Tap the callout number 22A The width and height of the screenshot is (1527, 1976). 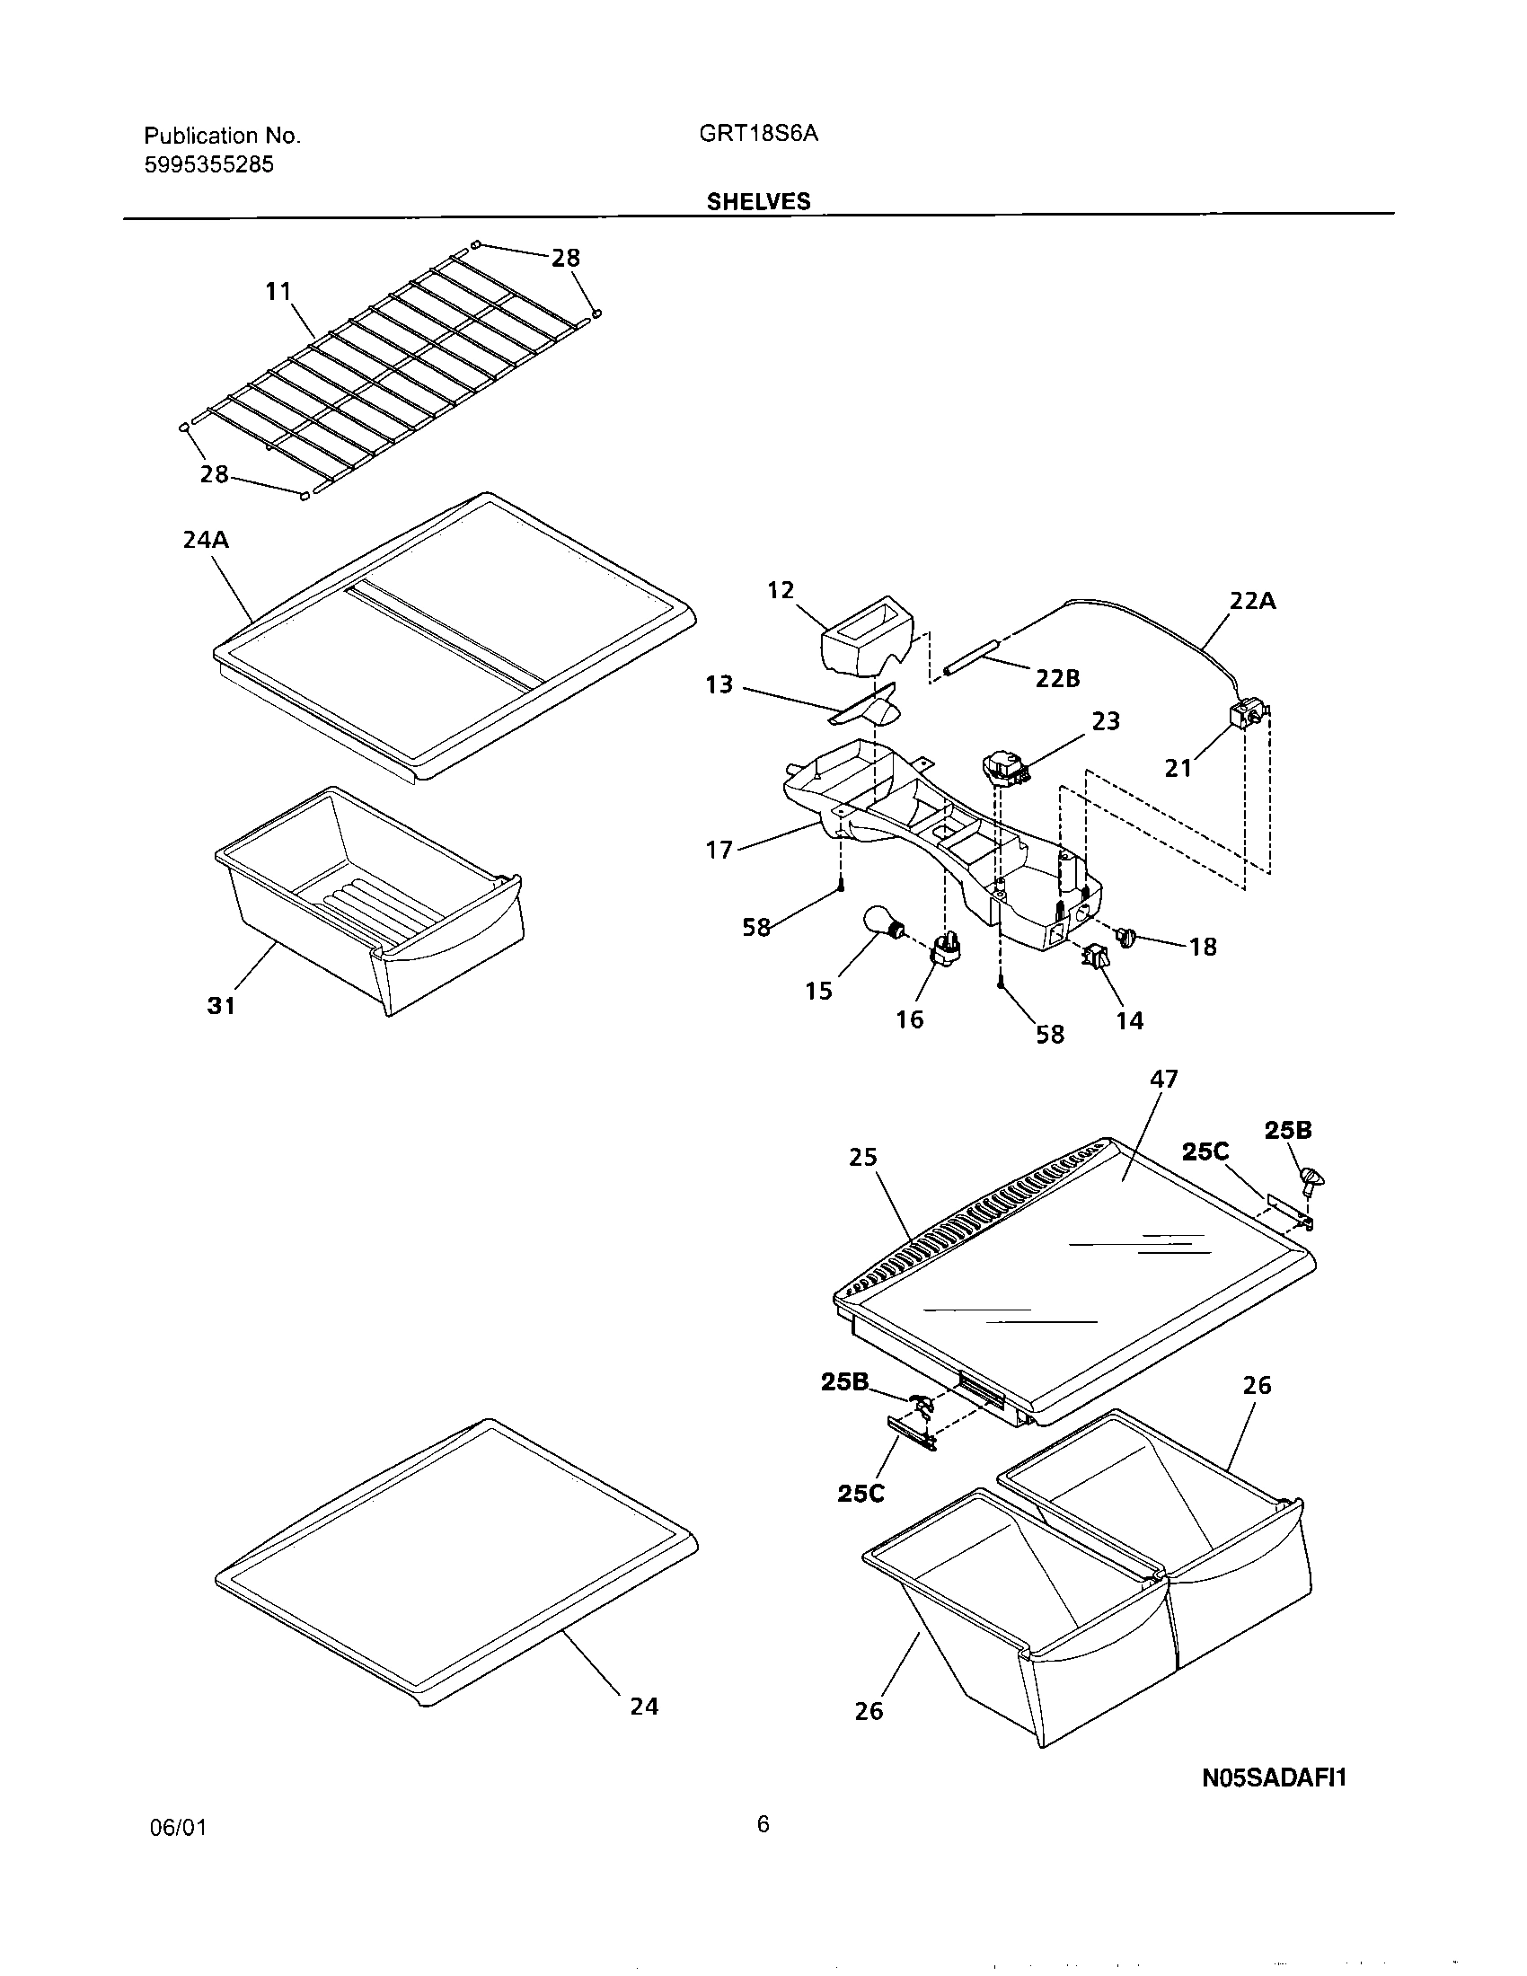1252,601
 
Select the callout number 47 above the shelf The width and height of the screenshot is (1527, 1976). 1163,1080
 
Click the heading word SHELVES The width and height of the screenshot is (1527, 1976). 758,202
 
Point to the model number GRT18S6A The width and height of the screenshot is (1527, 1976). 758,134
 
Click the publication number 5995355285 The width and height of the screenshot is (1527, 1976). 209,164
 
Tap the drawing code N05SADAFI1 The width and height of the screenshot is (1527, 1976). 1274,1778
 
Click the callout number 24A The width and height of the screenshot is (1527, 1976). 206,540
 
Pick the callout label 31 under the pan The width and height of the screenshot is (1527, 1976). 222,1005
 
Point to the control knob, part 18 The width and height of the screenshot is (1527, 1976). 1126,938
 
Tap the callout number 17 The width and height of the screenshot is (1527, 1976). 719,850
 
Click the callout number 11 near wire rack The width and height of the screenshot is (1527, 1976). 278,291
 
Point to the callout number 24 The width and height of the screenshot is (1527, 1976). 644,1706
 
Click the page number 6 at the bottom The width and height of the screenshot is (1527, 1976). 763,1824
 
